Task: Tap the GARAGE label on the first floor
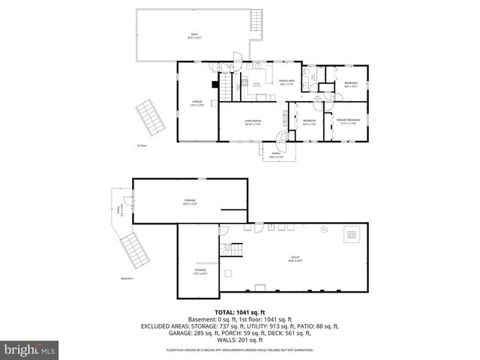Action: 197,102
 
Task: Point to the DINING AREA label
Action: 286,82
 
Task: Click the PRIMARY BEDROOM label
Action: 348,121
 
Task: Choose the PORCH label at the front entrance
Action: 277,155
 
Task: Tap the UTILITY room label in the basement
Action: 295,259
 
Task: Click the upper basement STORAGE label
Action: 190,201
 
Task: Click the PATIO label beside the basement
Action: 118,214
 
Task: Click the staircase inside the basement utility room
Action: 235,250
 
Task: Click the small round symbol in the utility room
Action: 324,229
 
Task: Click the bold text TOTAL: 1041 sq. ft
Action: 239,311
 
